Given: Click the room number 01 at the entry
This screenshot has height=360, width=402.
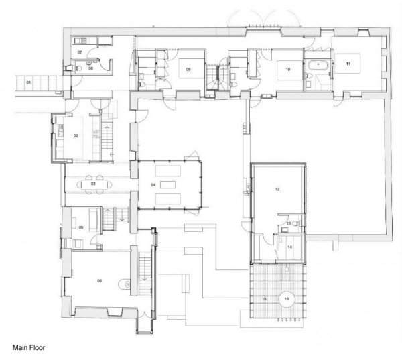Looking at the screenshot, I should point(29,82).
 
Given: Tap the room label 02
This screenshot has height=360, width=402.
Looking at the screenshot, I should point(76,136).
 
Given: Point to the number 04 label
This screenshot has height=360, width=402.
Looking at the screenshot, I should point(153,184).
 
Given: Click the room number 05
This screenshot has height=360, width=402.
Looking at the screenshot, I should point(80,227).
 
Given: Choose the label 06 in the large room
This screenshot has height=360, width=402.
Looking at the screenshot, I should point(100,280).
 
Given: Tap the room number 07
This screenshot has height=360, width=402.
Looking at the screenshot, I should point(80,52).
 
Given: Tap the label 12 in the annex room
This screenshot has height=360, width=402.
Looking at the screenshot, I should point(276,190).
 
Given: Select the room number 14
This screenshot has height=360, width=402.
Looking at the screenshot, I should point(290,247).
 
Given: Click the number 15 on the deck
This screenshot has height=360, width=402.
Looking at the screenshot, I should point(264,298).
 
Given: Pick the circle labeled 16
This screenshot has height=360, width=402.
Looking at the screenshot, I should point(287,298).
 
